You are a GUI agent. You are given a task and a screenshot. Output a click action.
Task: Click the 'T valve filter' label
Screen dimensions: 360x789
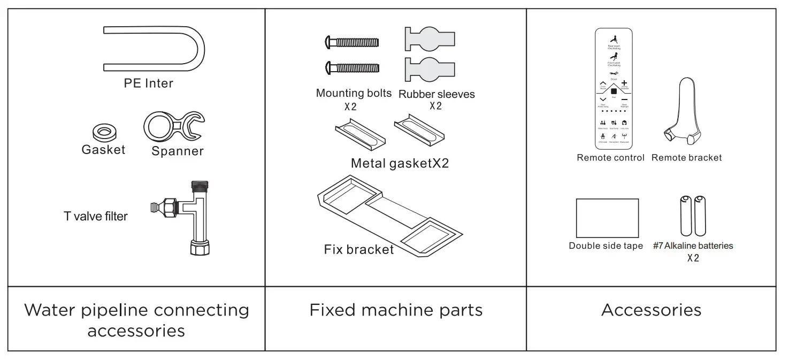tap(96, 216)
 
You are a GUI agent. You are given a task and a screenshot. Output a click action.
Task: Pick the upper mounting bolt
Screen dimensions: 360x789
tap(353, 42)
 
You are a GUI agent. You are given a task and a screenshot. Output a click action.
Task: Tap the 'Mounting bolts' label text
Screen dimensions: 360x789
tap(354, 93)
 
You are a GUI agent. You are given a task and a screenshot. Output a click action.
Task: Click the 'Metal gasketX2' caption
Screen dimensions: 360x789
tap(400, 163)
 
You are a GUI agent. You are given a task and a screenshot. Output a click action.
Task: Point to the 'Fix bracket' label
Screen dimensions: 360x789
tap(358, 249)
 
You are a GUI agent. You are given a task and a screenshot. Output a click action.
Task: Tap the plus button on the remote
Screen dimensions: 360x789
tap(624, 83)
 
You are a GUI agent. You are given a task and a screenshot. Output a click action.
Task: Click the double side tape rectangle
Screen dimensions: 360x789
tap(607, 218)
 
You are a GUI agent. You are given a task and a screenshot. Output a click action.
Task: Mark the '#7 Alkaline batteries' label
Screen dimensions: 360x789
tap(693, 246)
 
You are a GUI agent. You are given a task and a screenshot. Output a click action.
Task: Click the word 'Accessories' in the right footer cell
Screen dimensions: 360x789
tap(651, 310)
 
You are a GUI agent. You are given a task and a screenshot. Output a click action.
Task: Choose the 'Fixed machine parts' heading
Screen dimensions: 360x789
tap(396, 310)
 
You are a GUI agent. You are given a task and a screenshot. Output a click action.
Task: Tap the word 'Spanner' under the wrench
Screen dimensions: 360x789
tap(178, 151)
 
